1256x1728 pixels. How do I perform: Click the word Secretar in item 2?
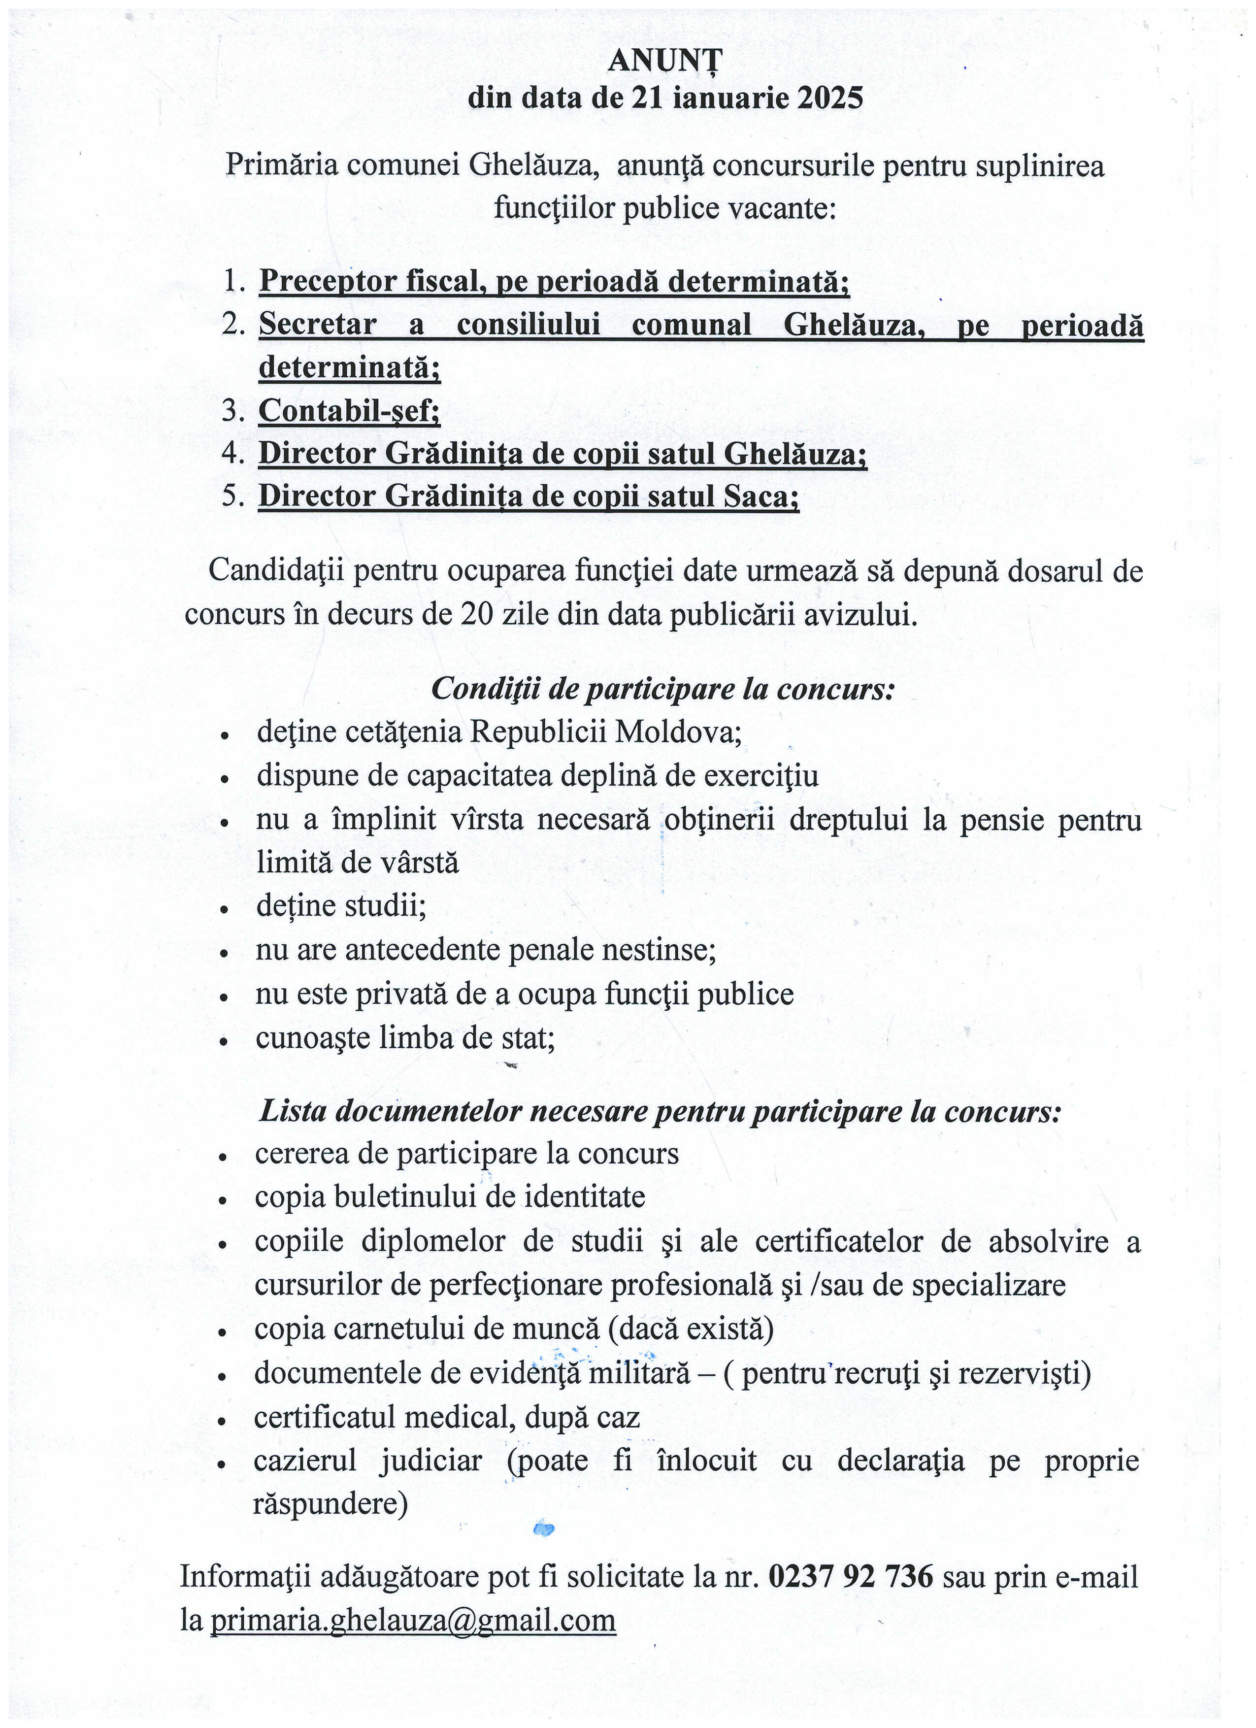(x=318, y=325)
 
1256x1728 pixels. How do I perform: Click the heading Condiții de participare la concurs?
(x=662, y=690)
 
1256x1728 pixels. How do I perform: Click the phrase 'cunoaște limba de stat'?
(x=405, y=1038)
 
